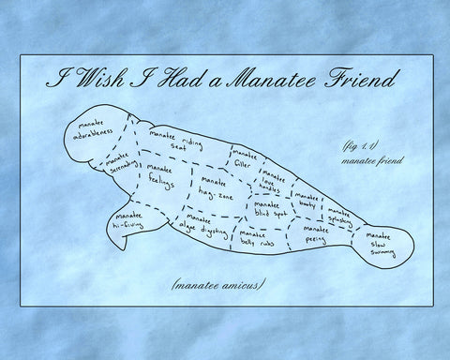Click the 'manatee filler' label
point(244,157)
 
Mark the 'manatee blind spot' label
point(269,208)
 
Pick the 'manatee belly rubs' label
point(255,239)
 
